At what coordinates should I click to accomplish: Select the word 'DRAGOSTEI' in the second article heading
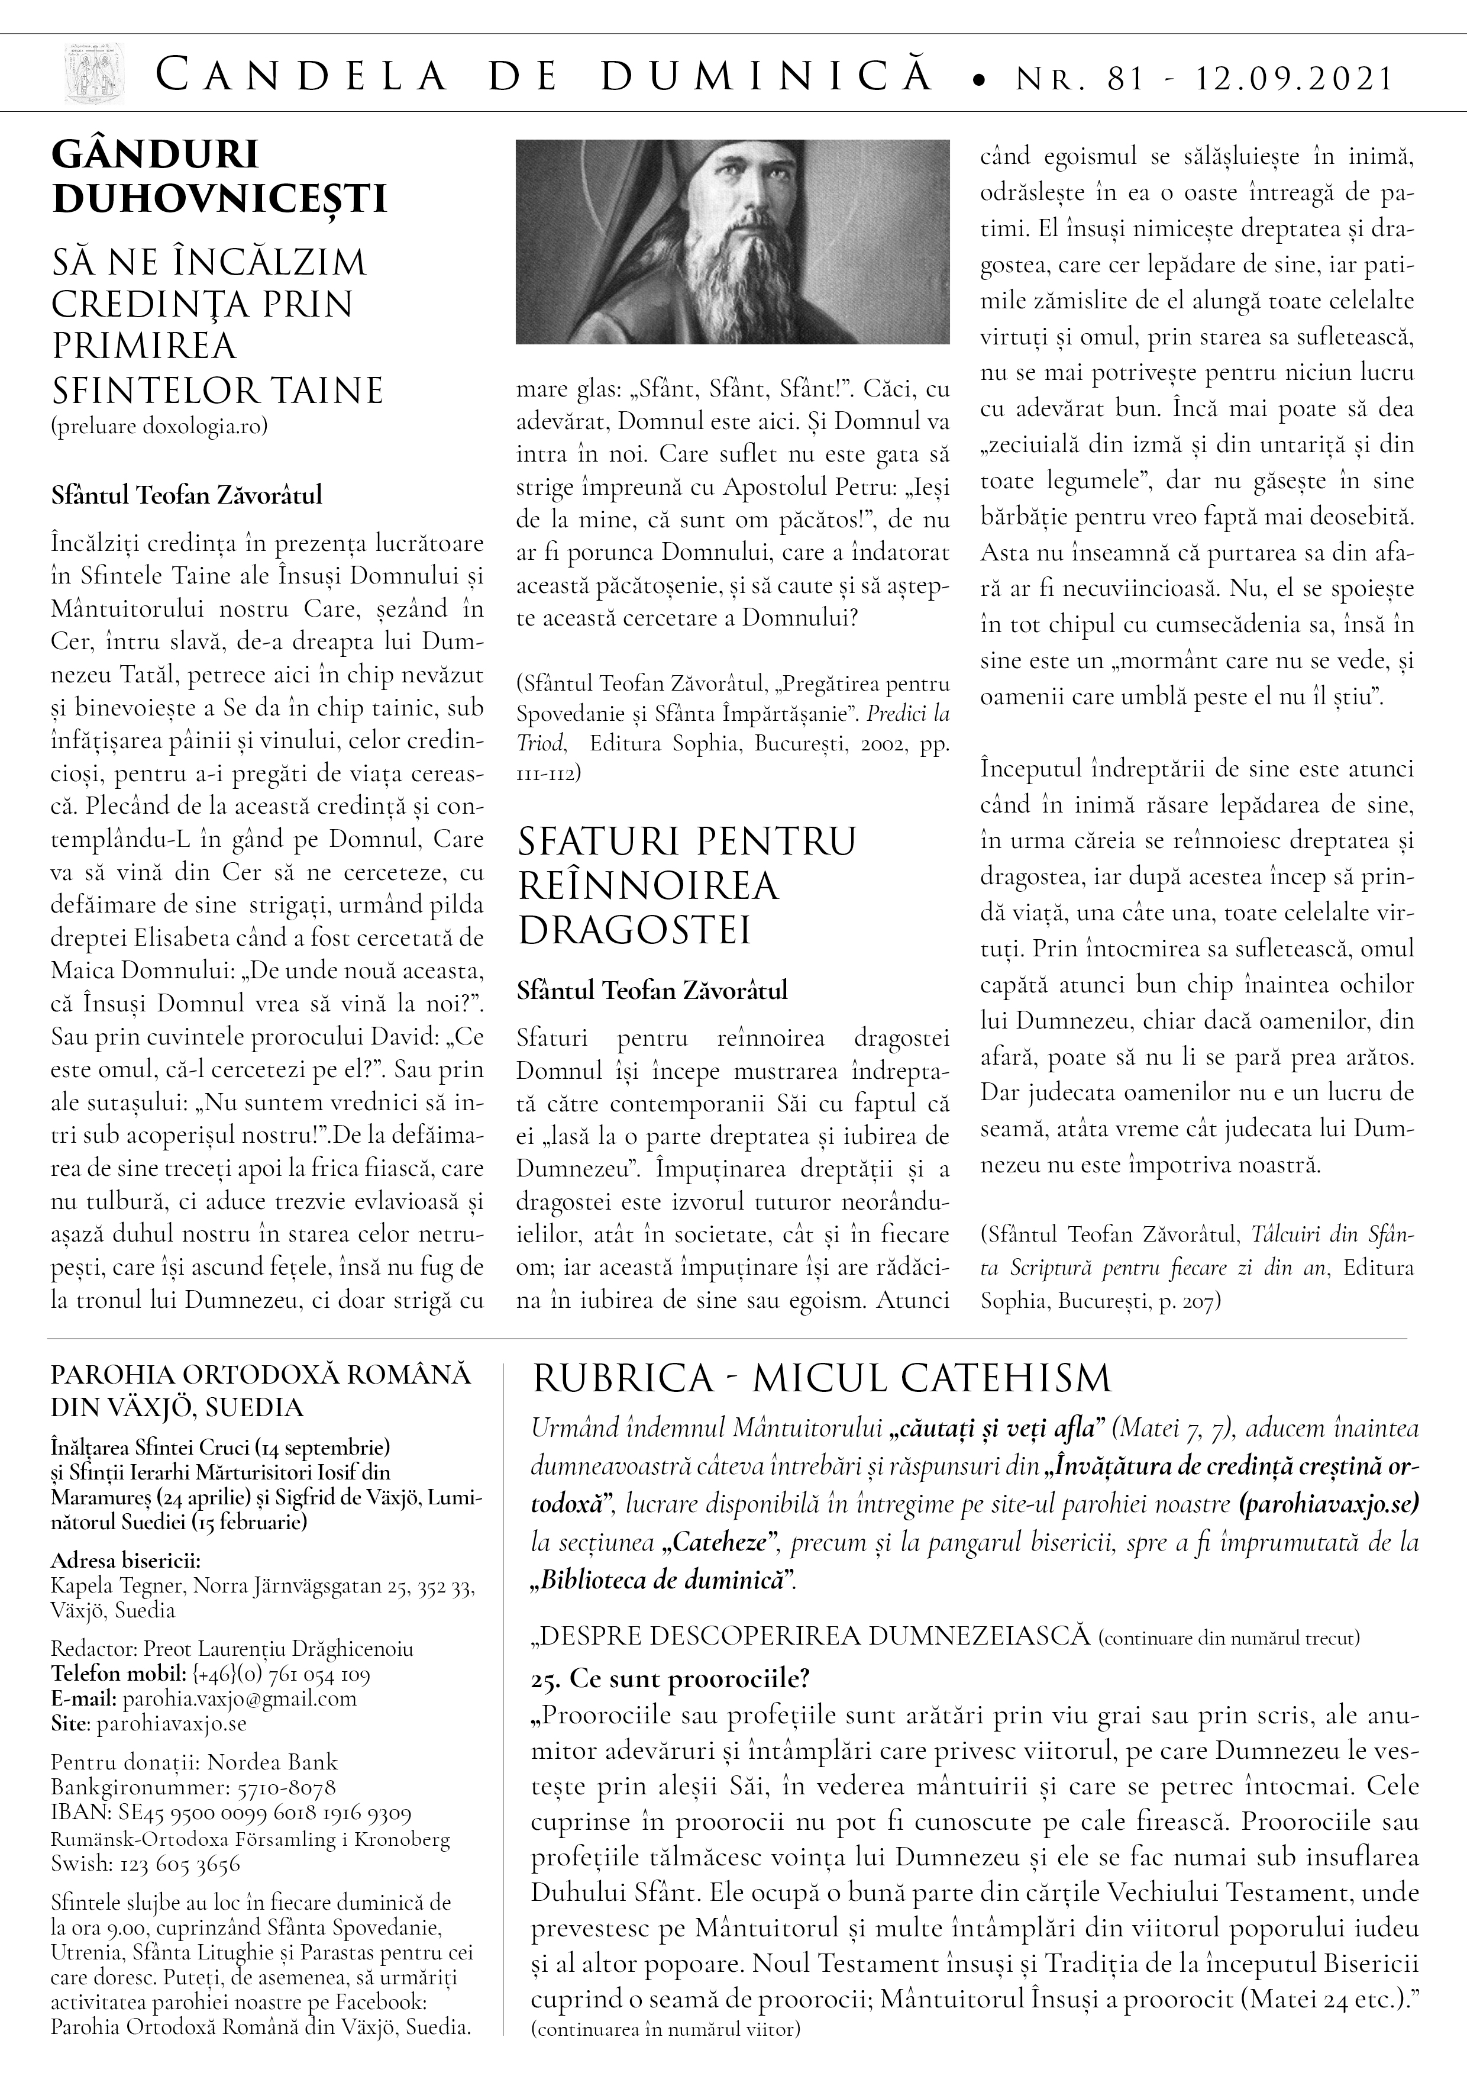click(635, 930)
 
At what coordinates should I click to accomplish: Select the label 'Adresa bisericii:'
click(125, 1562)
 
